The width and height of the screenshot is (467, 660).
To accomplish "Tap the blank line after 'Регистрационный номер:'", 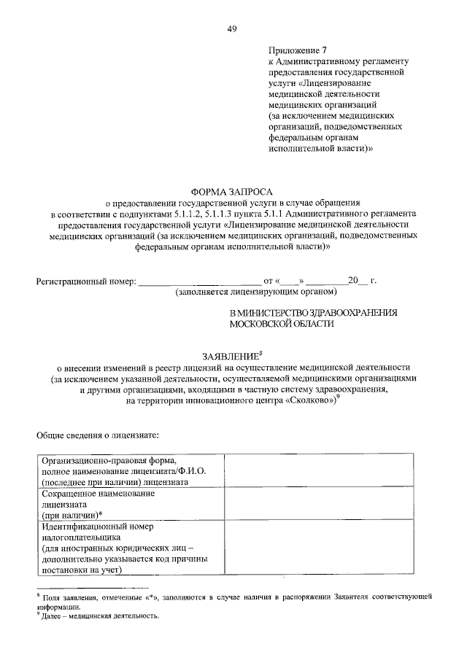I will (x=198, y=282).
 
